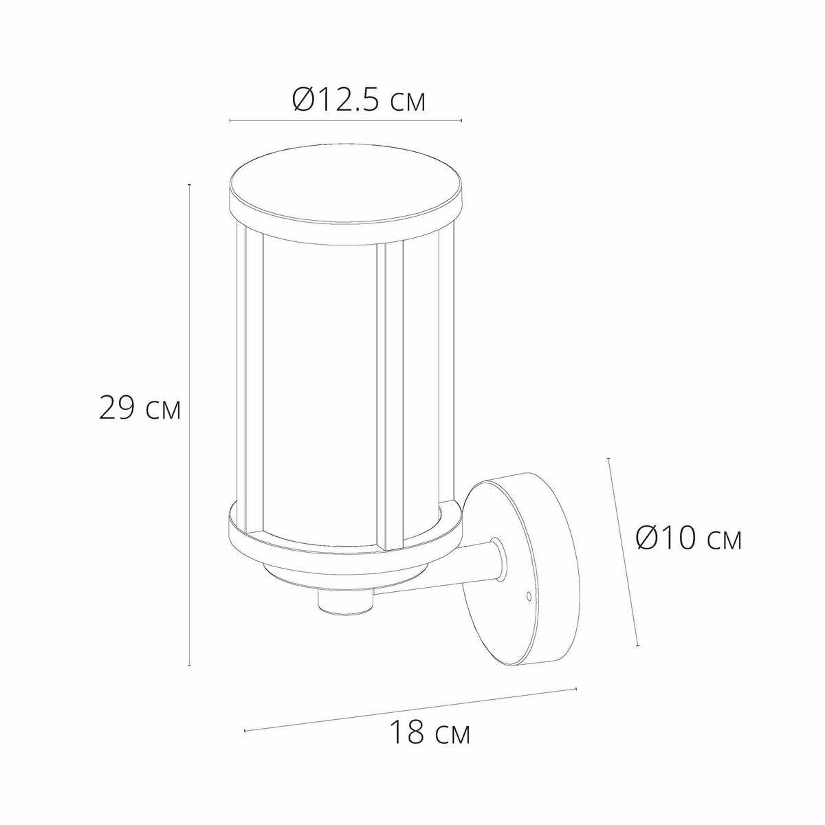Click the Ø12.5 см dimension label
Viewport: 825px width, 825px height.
tap(359, 100)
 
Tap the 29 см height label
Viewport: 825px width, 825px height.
tap(140, 407)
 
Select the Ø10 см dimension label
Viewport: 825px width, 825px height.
tap(688, 538)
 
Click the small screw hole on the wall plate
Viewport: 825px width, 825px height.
tap(529, 595)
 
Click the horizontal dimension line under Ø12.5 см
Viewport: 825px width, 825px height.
tap(346, 121)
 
